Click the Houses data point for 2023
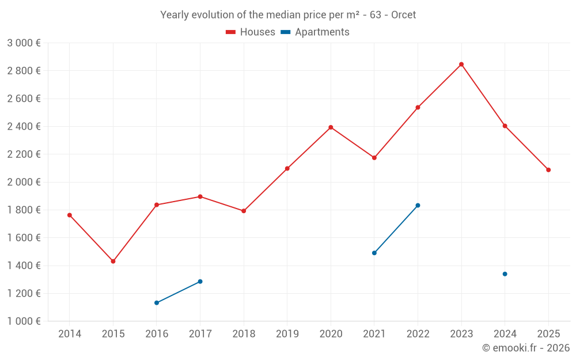click(x=461, y=65)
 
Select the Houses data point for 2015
click(x=113, y=262)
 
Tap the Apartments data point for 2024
click(x=505, y=274)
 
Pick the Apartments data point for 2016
click(x=157, y=303)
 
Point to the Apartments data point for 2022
click(x=418, y=206)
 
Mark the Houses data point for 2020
click(x=331, y=127)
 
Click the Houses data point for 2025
click(x=548, y=170)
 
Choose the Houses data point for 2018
click(x=244, y=211)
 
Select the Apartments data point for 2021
click(x=374, y=253)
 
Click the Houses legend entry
click(x=251, y=32)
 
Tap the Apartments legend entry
click(x=315, y=32)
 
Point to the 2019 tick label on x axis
click(x=287, y=334)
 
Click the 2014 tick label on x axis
click(x=70, y=334)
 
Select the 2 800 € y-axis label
click(x=24, y=71)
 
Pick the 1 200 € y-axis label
click(x=24, y=294)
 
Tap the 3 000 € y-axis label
click(x=24, y=43)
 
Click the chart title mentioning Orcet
click(x=288, y=15)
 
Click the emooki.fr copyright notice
click(x=526, y=348)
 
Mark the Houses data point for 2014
click(x=70, y=215)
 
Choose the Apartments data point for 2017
click(x=200, y=282)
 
